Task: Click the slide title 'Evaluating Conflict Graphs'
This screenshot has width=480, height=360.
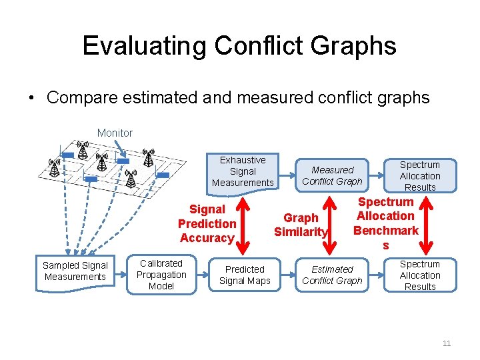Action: pyautogui.click(x=239, y=46)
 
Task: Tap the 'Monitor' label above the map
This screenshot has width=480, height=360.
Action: pyautogui.click(x=115, y=133)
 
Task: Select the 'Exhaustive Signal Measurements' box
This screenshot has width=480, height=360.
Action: pyautogui.click(x=243, y=171)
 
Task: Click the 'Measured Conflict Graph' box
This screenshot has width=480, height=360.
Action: pyautogui.click(x=332, y=175)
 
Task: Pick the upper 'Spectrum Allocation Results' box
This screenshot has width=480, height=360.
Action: pyautogui.click(x=420, y=175)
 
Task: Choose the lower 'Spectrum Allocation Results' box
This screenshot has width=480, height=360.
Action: pyautogui.click(x=420, y=275)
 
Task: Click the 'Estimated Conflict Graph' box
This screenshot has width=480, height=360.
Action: pyautogui.click(x=332, y=275)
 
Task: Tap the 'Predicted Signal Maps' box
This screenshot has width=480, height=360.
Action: pyautogui.click(x=245, y=275)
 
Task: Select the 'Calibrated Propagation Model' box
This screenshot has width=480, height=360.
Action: pyautogui.click(x=161, y=274)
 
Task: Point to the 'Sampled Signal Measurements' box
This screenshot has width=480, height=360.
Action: pyautogui.click(x=75, y=271)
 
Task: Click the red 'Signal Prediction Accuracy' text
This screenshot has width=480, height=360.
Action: pyautogui.click(x=207, y=223)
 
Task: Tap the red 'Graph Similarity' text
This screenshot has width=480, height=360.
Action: pyautogui.click(x=301, y=225)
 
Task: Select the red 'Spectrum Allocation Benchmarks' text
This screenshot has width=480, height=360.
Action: pyautogui.click(x=385, y=223)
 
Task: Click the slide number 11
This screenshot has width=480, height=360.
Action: pyautogui.click(x=447, y=343)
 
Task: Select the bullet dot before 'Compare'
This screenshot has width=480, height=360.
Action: pyautogui.click(x=32, y=99)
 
